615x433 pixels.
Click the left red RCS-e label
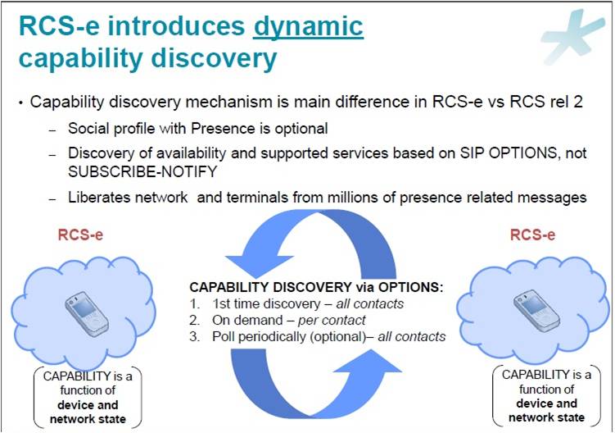tap(79, 235)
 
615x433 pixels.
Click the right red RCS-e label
tap(533, 235)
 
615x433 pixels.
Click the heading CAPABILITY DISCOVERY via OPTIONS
tap(315, 288)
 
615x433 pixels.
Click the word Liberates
tap(99, 197)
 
